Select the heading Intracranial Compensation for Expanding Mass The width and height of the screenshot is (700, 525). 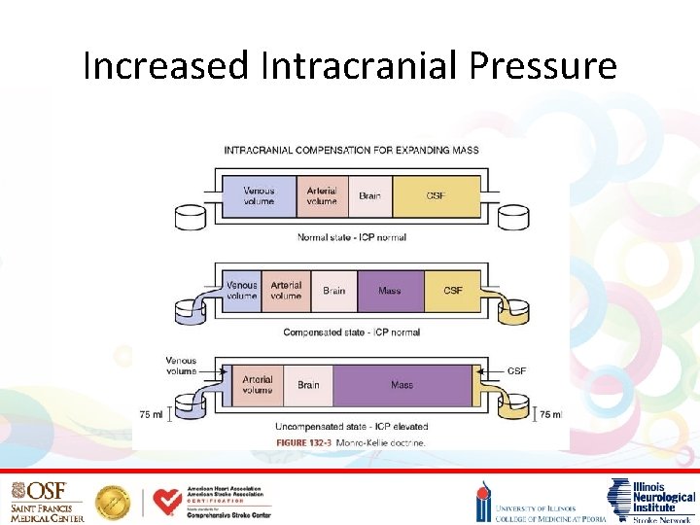point(351,150)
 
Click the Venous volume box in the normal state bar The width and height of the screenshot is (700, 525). point(259,195)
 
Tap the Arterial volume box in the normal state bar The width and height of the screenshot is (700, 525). point(322,195)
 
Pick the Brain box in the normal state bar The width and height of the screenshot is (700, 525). point(369,195)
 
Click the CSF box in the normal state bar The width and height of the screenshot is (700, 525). point(436,195)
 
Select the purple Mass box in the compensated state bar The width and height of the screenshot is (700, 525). point(389,290)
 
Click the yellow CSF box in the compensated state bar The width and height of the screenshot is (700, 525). point(452,290)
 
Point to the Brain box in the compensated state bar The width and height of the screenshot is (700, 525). point(333,290)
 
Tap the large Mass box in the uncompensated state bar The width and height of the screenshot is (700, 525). point(402,385)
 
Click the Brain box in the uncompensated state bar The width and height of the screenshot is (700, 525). point(308,385)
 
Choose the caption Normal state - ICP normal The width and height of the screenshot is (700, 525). point(351,237)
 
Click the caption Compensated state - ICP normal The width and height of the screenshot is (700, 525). point(351,332)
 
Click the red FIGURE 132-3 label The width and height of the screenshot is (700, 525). point(304,442)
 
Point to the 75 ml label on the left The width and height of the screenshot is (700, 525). point(151,414)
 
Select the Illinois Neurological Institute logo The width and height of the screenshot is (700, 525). point(650,500)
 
